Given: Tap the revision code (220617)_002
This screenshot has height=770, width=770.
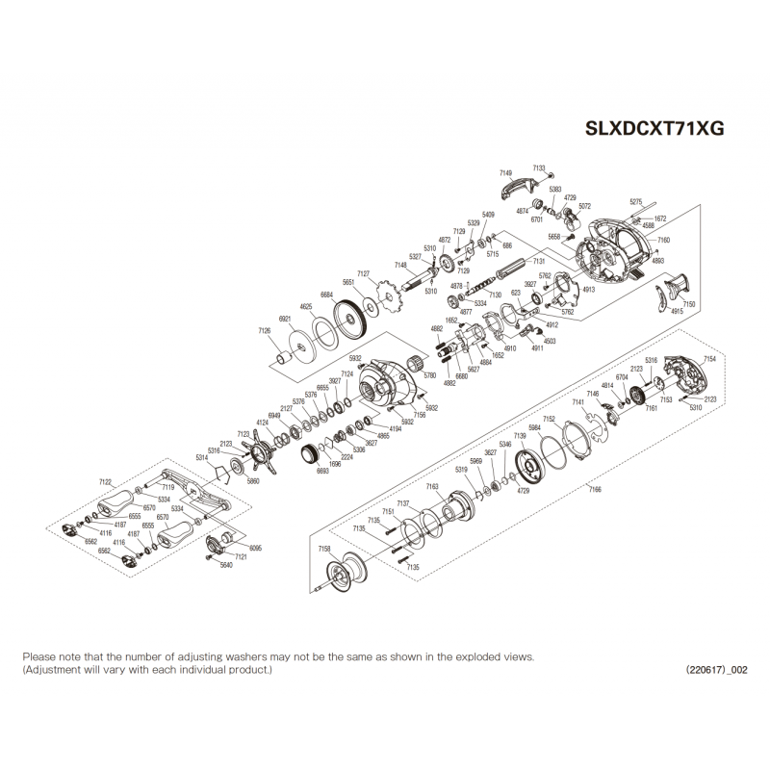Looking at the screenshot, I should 716,669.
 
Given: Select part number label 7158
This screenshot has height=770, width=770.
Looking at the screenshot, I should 324,548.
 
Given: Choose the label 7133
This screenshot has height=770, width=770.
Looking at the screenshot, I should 538,167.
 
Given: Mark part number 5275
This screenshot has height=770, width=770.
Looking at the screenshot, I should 635,201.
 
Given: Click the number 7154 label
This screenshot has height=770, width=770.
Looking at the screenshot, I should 710,358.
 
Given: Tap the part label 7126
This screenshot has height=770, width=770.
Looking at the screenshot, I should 265,330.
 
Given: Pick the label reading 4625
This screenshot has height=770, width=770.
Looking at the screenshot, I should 307,306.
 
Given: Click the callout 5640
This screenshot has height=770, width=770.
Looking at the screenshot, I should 227,566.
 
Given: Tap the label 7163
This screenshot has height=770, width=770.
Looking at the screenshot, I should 432,487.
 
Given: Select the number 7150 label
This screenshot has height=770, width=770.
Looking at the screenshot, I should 689,304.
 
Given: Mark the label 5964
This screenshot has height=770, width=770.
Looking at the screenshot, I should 534,427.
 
